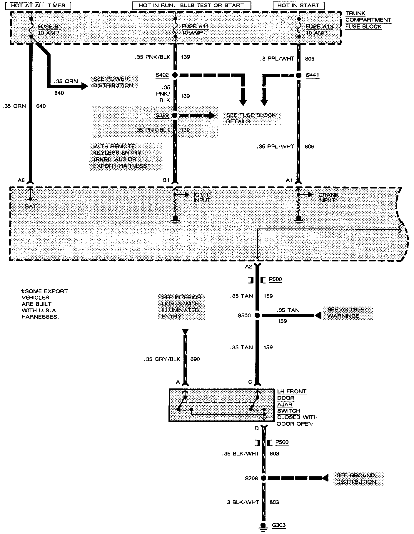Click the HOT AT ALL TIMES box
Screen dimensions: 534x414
pyautogui.click(x=38, y=6)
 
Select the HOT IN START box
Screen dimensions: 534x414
pyautogui.click(x=298, y=6)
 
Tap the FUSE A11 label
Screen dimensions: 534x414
pyautogui.click(x=195, y=26)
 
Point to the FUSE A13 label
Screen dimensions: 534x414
pyautogui.click(x=319, y=26)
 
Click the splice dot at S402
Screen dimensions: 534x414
pyautogui.click(x=175, y=75)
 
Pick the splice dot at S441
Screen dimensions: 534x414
pyautogui.click(x=299, y=75)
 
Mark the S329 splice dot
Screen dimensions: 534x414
pyautogui.click(x=175, y=115)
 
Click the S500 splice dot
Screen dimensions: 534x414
pyautogui.click(x=257, y=316)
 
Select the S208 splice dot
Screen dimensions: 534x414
pyautogui.click(x=264, y=478)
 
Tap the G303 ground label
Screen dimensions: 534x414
pyautogui.click(x=278, y=525)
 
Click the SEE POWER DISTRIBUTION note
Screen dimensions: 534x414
pyautogui.click(x=113, y=82)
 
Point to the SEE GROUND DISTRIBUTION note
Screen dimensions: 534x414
pyautogui.click(x=356, y=478)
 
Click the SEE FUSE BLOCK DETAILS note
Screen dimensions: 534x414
pyautogui.click(x=251, y=118)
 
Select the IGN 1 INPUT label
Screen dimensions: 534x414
pyautogui.click(x=202, y=197)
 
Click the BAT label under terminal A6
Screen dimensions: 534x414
pyautogui.click(x=31, y=206)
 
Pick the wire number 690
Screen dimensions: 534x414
pyautogui.click(x=195, y=359)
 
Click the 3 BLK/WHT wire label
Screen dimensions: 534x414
pyautogui.click(x=243, y=502)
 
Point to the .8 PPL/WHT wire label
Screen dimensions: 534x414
pyautogui.click(x=277, y=59)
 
